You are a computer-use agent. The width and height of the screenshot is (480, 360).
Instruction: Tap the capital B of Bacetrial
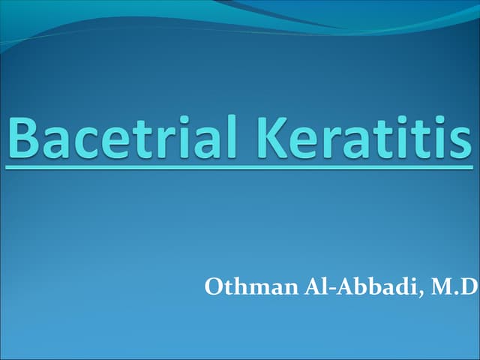pos(25,138)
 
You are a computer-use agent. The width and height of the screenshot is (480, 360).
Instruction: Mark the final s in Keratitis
pos(460,142)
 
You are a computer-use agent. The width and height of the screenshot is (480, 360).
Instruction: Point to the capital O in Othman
pos(212,287)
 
